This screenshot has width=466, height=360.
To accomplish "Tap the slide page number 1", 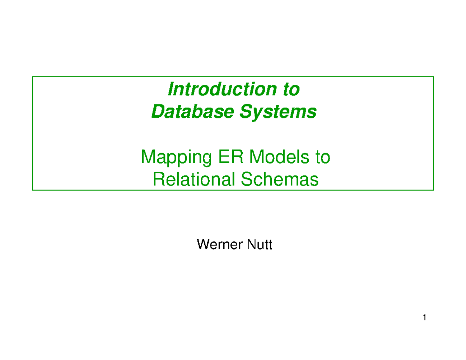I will [x=425, y=318].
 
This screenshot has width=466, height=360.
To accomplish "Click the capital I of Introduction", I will [x=170, y=90].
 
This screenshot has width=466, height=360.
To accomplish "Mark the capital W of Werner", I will [x=203, y=245].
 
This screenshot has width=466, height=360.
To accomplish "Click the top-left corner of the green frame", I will [x=33, y=77].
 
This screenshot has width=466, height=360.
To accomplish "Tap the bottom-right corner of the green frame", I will [x=433, y=190].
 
